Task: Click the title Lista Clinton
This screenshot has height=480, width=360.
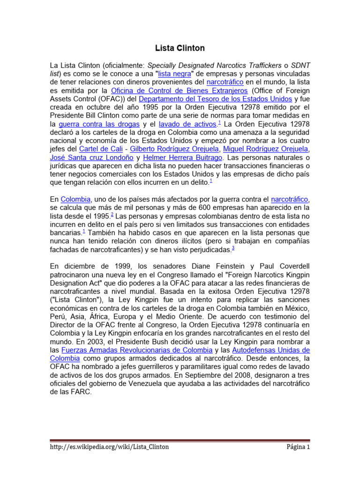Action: pos(180,48)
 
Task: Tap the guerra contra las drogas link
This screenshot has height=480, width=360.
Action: pos(99,124)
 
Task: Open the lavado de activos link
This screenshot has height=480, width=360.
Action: pos(181,124)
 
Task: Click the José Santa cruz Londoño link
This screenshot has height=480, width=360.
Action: pos(90,157)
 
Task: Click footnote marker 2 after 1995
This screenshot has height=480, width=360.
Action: pos(112,214)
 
